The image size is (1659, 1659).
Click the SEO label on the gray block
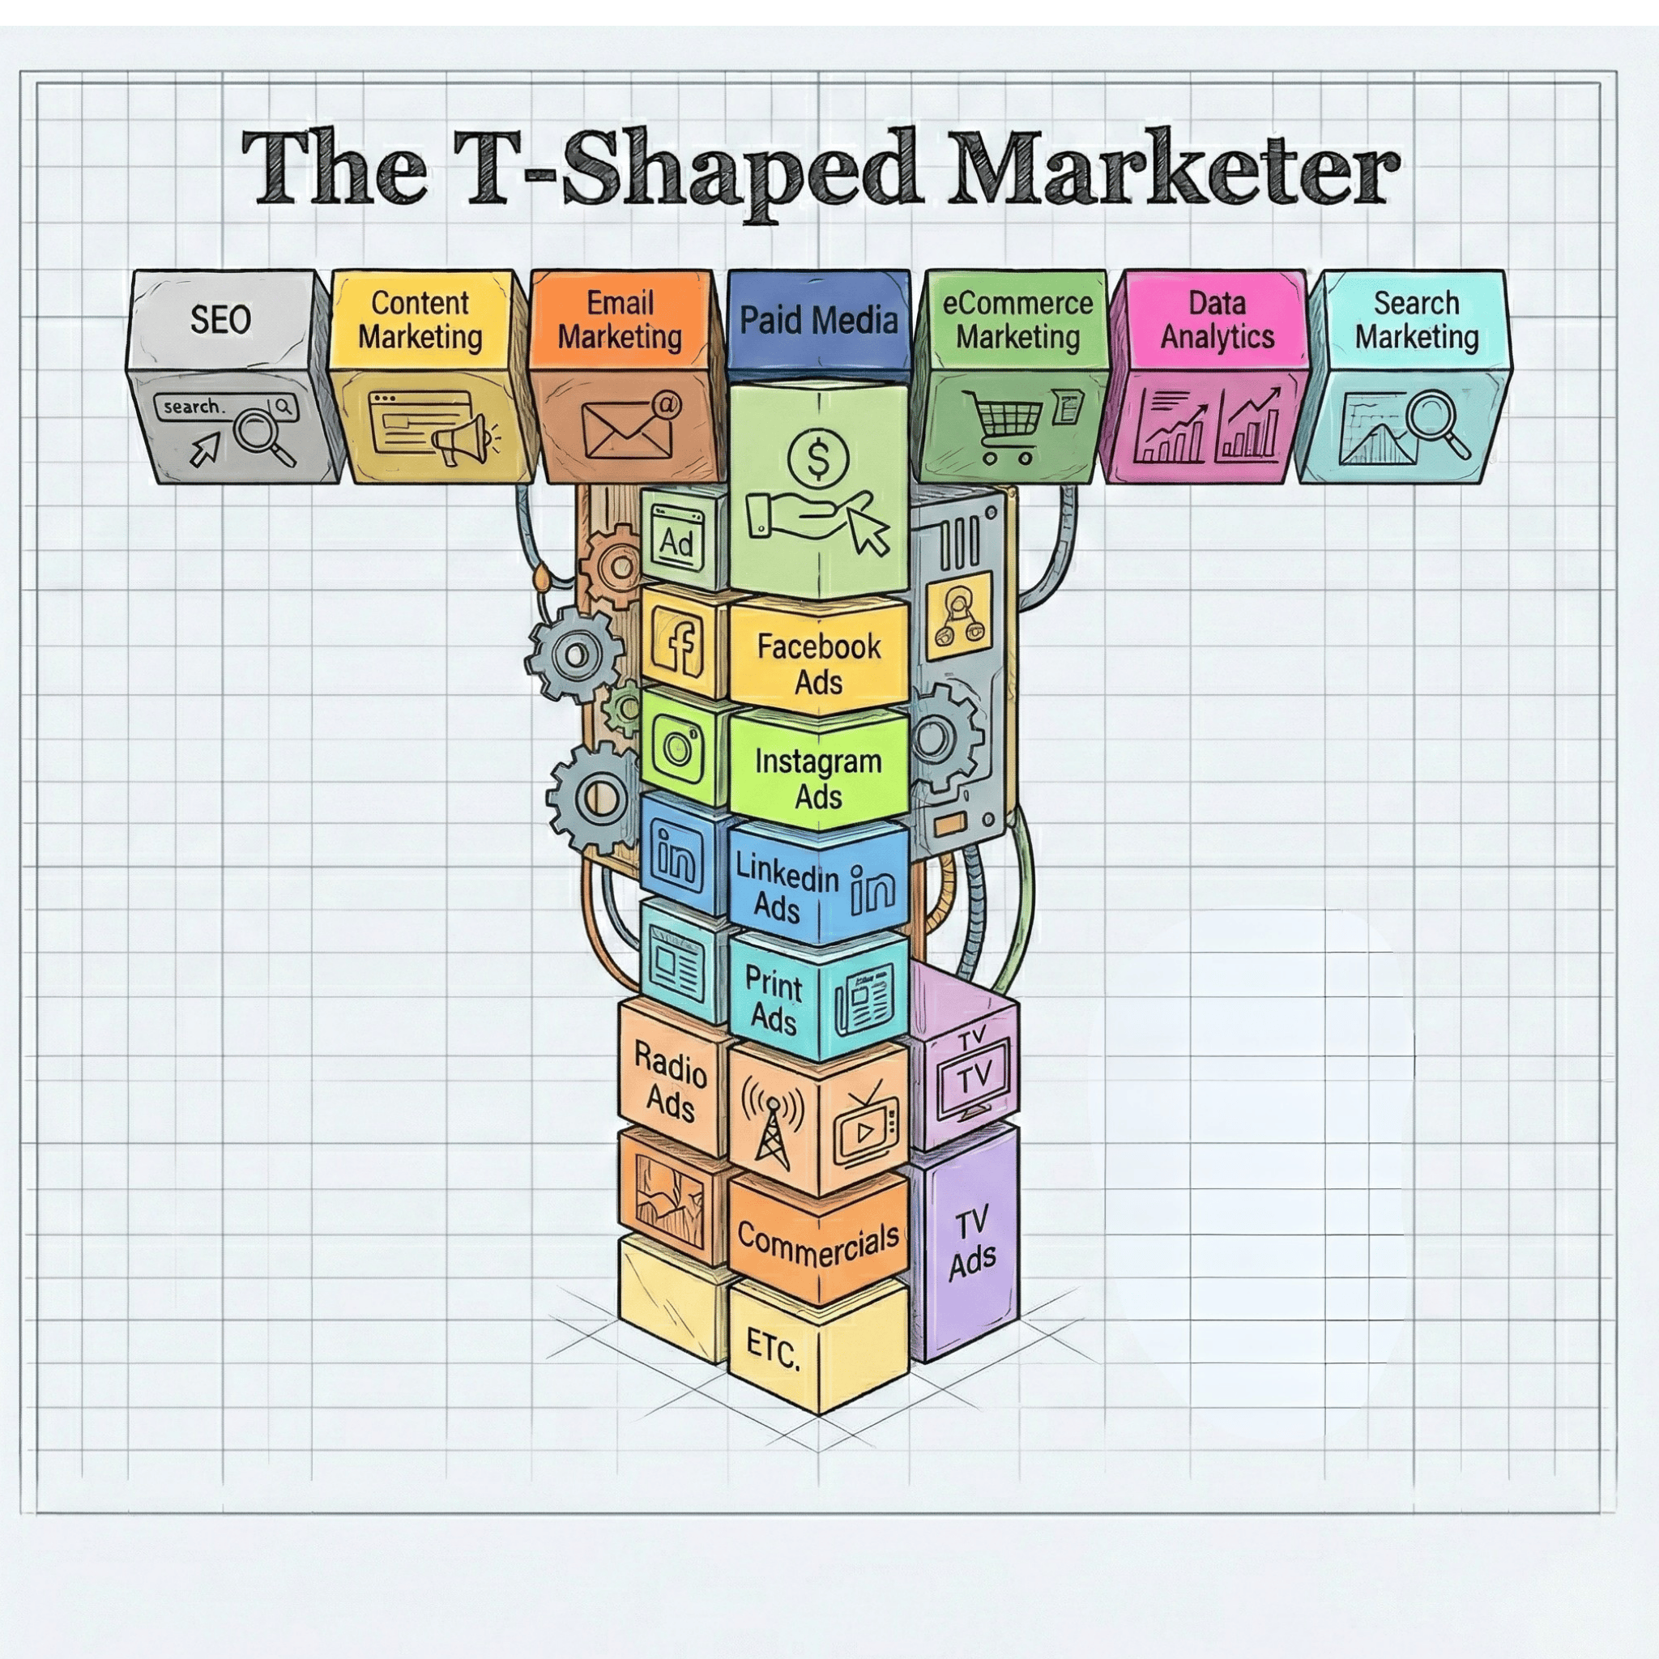pyautogui.click(x=220, y=319)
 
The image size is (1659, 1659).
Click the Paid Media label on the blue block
pyautogui.click(x=818, y=320)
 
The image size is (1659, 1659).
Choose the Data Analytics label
pyautogui.click(x=1217, y=319)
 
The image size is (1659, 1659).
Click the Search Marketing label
pyautogui.click(x=1416, y=319)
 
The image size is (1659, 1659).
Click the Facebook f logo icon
pyautogui.click(x=679, y=641)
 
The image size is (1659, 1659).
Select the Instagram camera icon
pyautogui.click(x=678, y=746)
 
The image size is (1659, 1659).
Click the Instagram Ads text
pyautogui.click(x=817, y=778)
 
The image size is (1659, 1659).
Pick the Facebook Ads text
pyautogui.click(x=818, y=663)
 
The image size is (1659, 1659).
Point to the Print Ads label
pyautogui.click(x=773, y=1001)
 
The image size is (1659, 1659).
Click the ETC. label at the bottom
pyautogui.click(x=772, y=1350)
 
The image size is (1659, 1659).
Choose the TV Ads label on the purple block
pyautogui.click(x=972, y=1244)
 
